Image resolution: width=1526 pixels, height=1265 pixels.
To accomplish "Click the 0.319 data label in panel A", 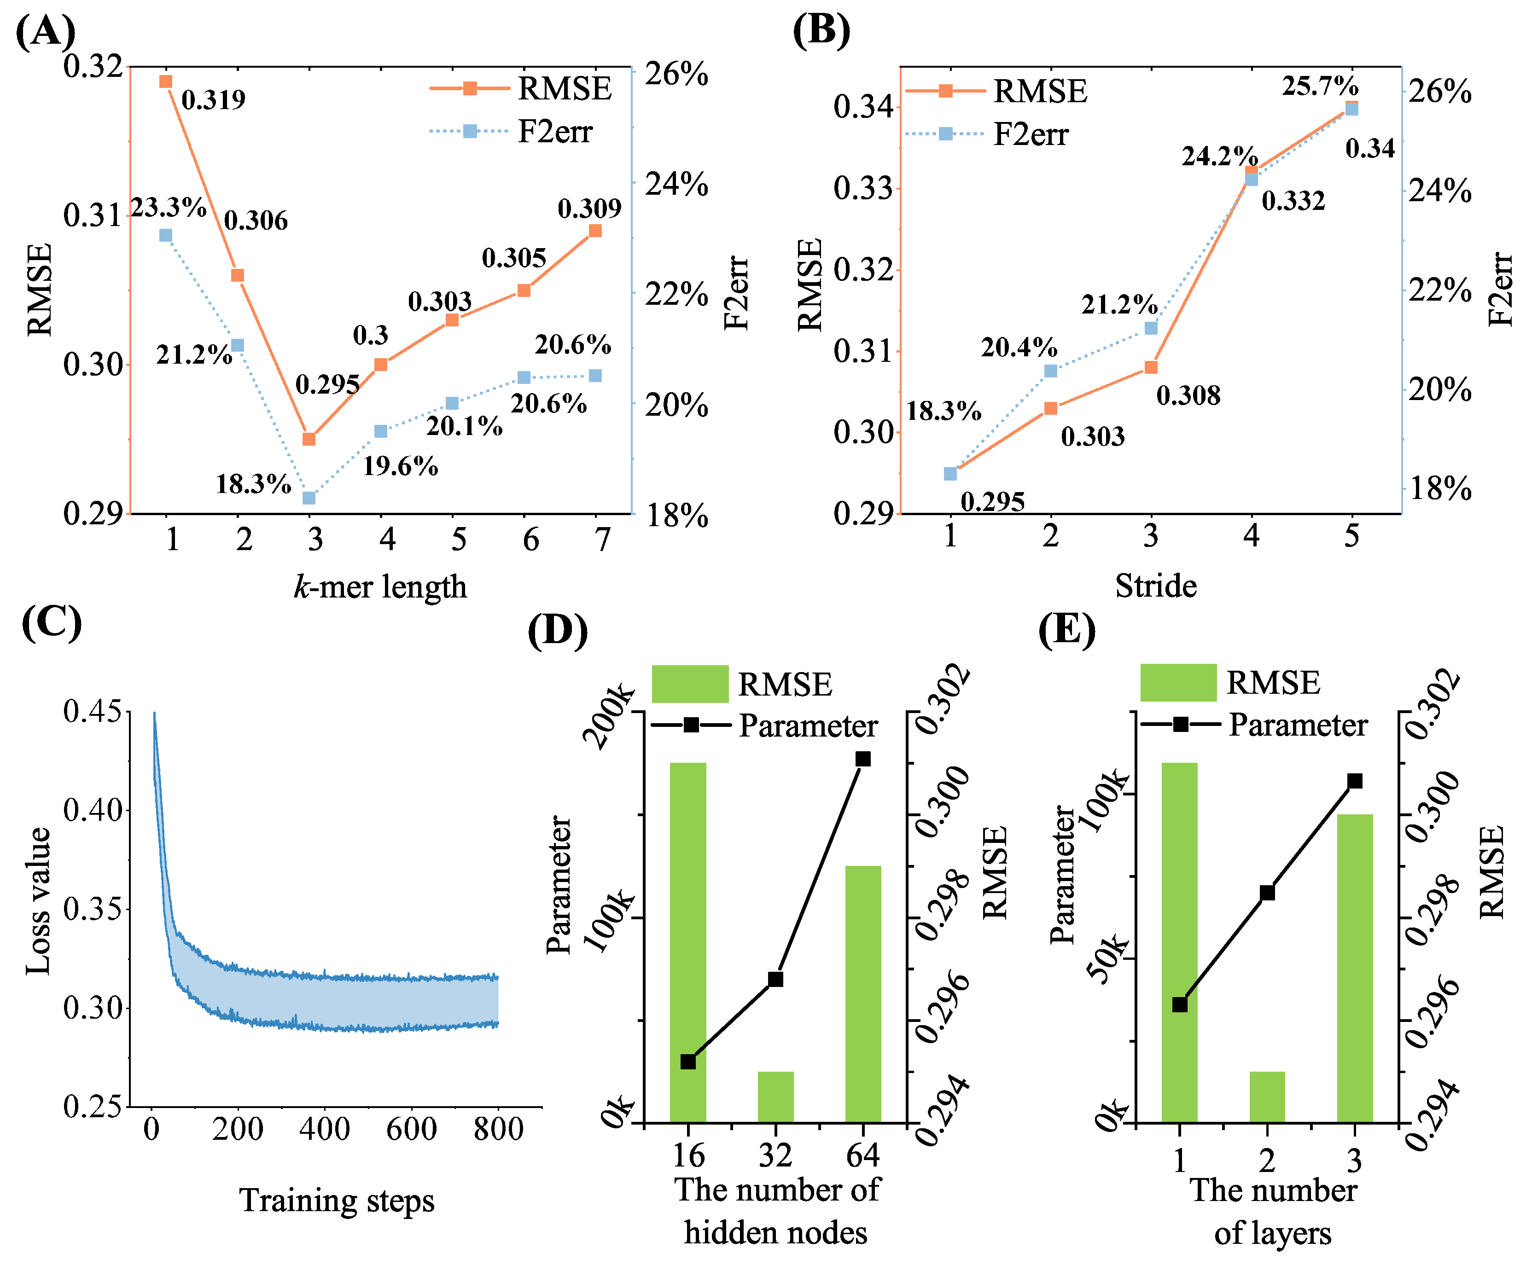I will (x=213, y=99).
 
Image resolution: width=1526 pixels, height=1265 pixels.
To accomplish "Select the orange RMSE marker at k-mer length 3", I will (x=309, y=439).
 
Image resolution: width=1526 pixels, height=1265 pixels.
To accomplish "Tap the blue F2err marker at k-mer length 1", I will (x=166, y=235).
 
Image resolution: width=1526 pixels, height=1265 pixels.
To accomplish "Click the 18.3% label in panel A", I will (x=253, y=484).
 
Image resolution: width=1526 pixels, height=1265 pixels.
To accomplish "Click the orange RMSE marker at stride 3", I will (x=1151, y=368).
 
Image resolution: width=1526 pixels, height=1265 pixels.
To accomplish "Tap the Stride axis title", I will (x=1155, y=586).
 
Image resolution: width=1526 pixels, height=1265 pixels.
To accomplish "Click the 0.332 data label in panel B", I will (x=1293, y=201).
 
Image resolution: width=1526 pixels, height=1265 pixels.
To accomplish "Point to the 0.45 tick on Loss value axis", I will (x=92, y=711).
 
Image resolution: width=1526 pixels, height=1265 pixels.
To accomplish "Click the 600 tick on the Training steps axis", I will (x=411, y=1130).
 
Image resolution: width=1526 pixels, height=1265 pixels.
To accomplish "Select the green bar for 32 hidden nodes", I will (x=775, y=1097).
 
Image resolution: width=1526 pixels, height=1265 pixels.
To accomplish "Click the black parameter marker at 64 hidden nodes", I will (x=862, y=759).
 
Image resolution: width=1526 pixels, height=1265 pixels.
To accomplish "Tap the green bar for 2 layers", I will (x=1267, y=1097).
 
